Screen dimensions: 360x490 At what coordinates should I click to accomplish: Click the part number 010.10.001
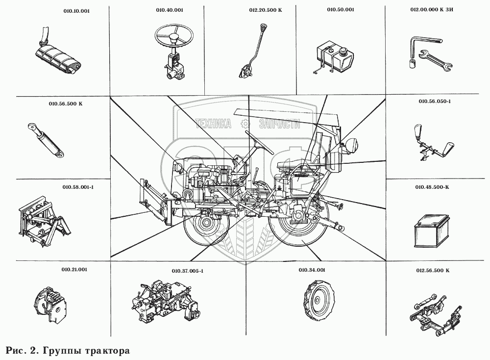pos(76,11)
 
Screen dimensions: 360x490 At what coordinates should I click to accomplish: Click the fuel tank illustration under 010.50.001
pos(335,58)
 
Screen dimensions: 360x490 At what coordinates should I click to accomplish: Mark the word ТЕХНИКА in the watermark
pos(214,125)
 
